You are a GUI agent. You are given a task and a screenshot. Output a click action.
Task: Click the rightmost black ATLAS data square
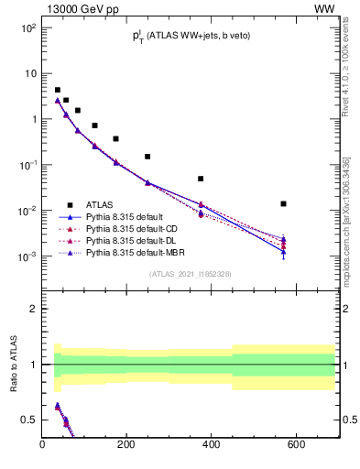(x=284, y=203)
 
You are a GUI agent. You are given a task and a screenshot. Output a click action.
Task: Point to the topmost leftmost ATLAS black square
(x=57, y=90)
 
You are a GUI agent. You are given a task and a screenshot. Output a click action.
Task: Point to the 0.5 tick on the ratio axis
(x=30, y=420)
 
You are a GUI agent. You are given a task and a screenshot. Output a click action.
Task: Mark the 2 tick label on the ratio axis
(x=33, y=309)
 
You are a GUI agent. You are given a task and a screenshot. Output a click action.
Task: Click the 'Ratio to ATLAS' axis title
(x=13, y=364)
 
